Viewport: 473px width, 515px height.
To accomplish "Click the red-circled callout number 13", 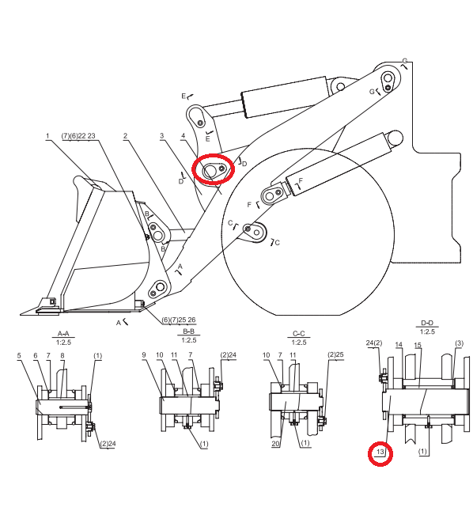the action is click(380, 452).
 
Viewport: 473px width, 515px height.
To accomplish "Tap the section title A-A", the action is click(63, 334).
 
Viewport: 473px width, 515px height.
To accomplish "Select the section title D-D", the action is click(427, 324).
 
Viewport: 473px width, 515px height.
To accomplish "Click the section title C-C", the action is click(298, 334).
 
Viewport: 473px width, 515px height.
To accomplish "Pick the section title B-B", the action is click(188, 331).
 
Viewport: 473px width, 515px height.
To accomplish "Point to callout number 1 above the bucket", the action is click(47, 135).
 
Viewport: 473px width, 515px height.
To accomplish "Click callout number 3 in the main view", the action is click(161, 135).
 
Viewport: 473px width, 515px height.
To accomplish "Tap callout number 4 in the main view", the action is click(184, 135).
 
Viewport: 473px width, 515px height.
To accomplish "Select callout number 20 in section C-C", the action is click(275, 444).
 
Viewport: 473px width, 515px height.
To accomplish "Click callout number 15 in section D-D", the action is click(418, 345).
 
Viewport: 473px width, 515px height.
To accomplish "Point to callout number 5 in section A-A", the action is click(19, 355).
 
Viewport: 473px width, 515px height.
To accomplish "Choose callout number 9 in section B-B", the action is click(144, 354).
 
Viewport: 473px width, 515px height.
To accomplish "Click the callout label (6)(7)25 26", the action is click(178, 320).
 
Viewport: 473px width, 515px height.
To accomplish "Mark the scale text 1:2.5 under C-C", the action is click(298, 343).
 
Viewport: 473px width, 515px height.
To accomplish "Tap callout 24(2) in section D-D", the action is click(374, 343).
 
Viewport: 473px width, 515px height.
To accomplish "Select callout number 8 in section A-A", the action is click(62, 355).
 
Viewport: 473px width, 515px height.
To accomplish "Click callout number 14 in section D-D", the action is click(399, 345).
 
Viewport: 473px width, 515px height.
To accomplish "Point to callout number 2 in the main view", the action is click(125, 135).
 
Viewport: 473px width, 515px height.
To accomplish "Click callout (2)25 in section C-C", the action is click(335, 354).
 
